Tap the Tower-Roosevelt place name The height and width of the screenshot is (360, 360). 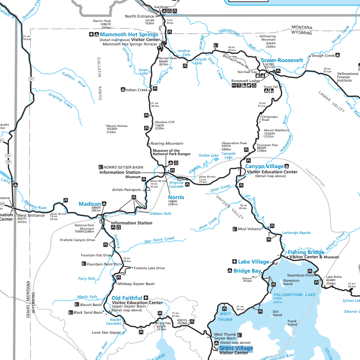pyautogui.click(x=282, y=60)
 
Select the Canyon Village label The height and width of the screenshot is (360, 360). pyautogui.click(x=265, y=166)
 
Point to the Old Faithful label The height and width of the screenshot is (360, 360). pyautogui.click(x=127, y=298)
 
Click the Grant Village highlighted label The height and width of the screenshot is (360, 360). pyautogui.click(x=236, y=348)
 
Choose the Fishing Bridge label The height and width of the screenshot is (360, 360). pyautogui.click(x=306, y=252)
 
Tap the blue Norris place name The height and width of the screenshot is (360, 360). pyautogui.click(x=176, y=197)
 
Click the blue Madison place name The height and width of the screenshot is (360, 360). pyautogui.click(x=90, y=203)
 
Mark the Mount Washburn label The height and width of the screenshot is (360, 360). pyautogui.click(x=276, y=130)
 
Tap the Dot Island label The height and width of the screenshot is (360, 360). pyautogui.click(x=277, y=313)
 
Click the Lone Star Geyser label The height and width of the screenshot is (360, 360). pyautogui.click(x=107, y=332)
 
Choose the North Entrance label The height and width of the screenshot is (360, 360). pyautogui.click(x=139, y=16)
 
